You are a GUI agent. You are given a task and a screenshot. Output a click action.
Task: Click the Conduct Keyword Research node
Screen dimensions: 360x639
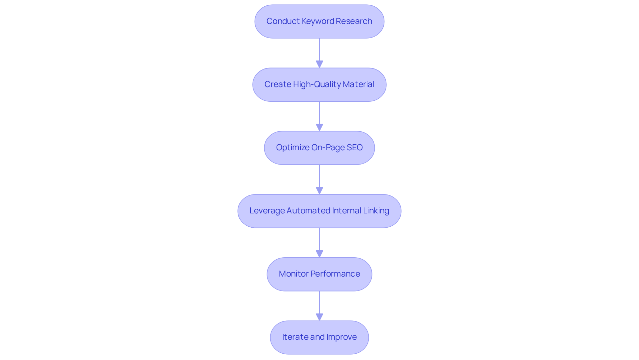pos(319,21)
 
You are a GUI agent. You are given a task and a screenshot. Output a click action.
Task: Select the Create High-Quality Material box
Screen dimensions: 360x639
pos(319,84)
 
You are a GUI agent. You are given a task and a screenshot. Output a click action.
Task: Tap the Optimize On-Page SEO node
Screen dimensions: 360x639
pos(319,148)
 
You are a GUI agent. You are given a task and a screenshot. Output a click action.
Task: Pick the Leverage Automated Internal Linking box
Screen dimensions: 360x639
pos(319,211)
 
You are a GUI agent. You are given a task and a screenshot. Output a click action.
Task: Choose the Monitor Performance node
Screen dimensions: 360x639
pos(319,274)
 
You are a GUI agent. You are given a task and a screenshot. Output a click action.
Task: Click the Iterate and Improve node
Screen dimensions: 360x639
pos(319,337)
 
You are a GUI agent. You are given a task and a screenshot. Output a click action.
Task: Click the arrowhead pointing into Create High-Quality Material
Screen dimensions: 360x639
pos(319,64)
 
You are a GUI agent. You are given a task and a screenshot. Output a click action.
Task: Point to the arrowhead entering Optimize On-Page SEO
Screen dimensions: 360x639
pos(319,127)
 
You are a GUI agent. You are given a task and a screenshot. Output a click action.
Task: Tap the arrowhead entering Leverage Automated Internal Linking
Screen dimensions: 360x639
pos(319,190)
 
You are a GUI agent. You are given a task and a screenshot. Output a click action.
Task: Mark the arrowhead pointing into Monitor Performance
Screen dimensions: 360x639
pos(319,254)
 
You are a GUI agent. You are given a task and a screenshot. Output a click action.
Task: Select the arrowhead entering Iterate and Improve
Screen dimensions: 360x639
pos(319,317)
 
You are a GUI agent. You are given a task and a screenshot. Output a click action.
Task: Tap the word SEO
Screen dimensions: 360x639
pos(354,148)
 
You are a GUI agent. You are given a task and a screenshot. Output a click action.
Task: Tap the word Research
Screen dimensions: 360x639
pos(354,21)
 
